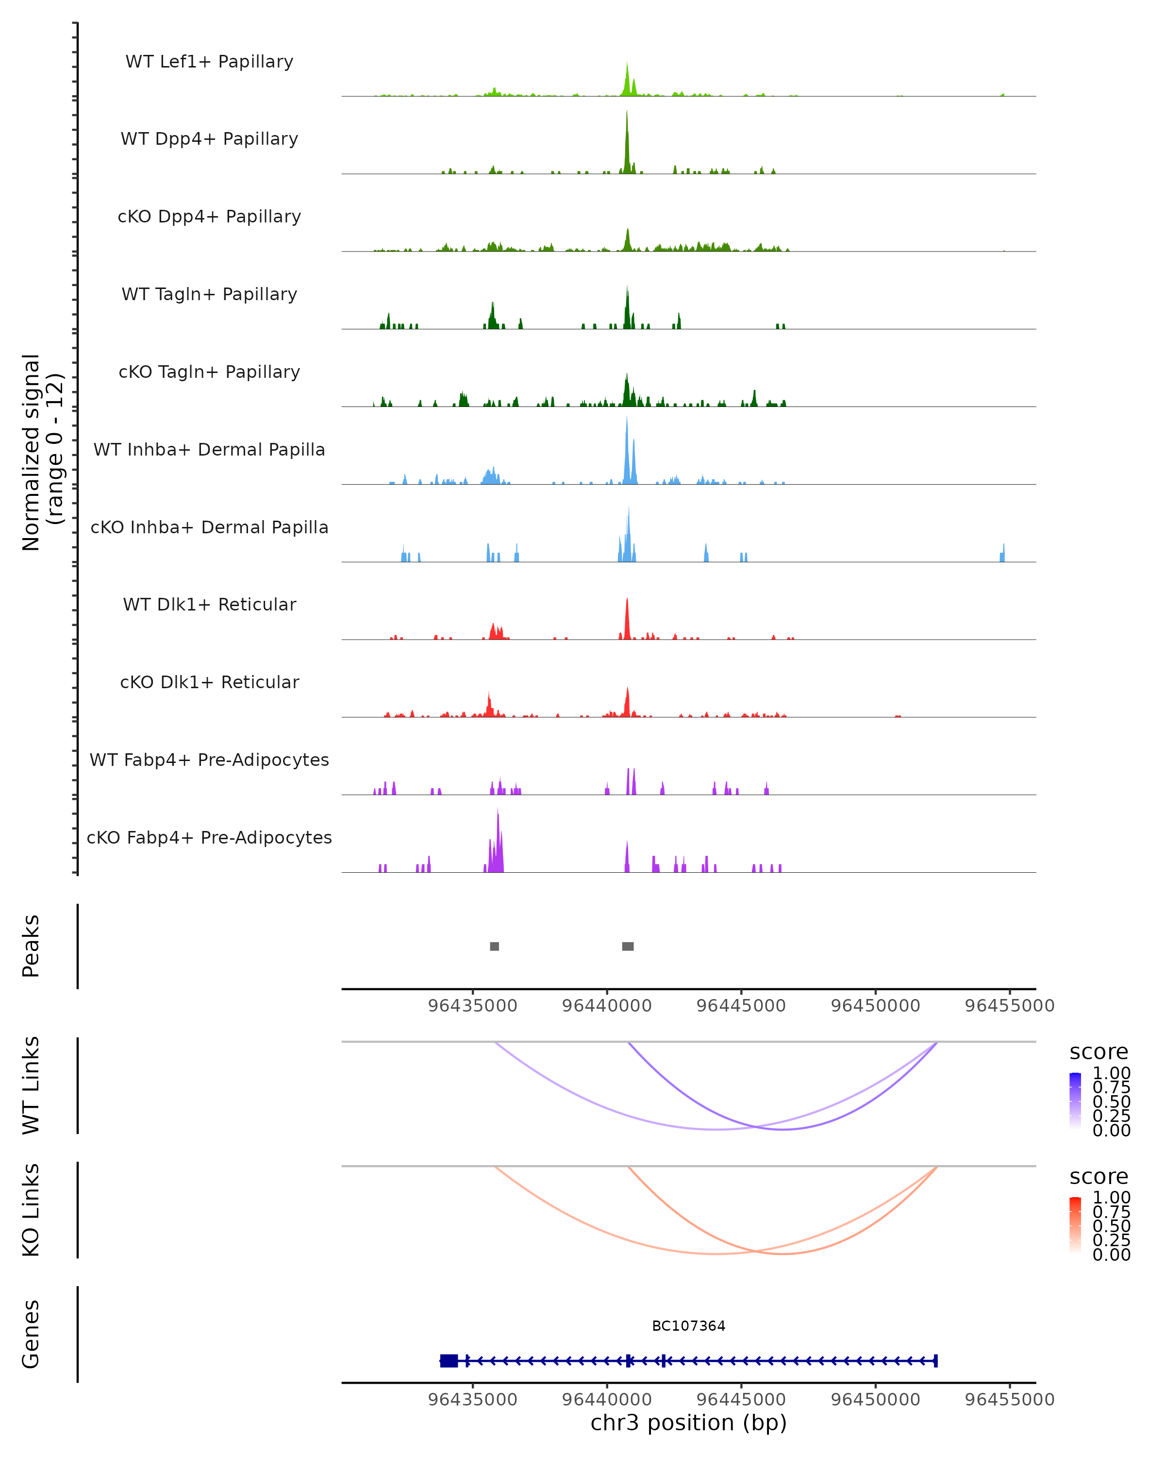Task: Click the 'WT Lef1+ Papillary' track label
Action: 209,62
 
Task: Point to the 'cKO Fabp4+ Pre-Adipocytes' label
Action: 209,837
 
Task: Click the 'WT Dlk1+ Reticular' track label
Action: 209,604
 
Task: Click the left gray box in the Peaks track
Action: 494,946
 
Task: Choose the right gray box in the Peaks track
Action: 628,946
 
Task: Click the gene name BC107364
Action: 688,1326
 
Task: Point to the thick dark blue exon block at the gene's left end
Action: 449,1361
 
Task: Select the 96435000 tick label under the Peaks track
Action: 473,1006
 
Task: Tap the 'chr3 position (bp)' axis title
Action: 688,1423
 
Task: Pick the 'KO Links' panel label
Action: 31,1210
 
